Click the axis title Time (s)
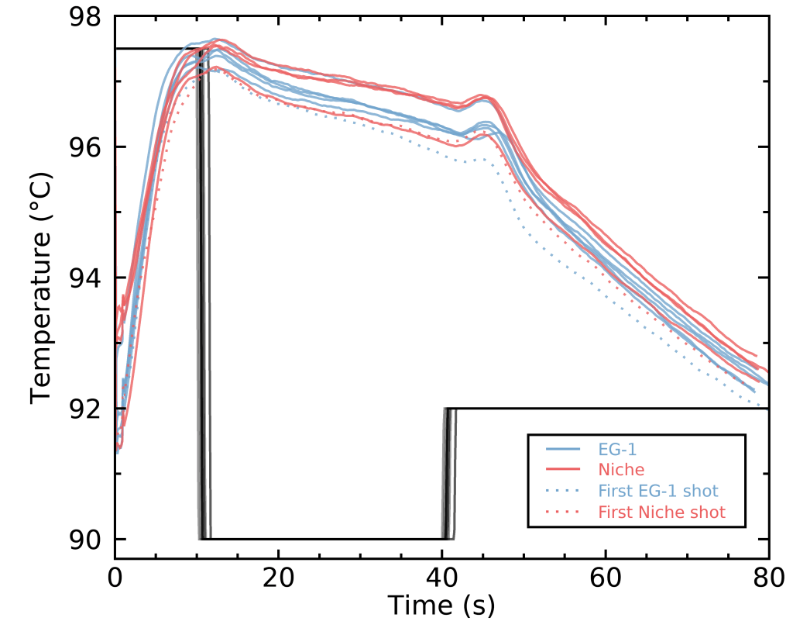coord(441,605)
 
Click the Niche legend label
coord(621,469)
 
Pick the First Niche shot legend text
coord(661,512)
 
